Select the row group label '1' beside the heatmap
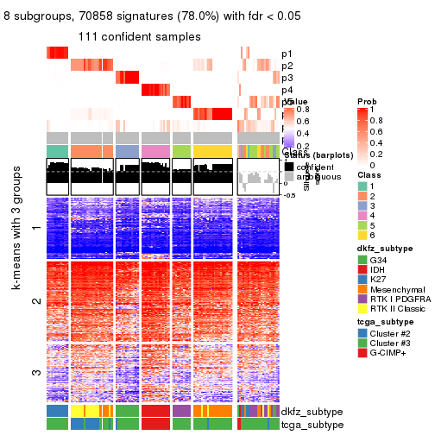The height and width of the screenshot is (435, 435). pos(35,228)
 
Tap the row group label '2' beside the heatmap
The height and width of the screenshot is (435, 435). pos(35,301)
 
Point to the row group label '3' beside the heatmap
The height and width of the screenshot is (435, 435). pos(35,373)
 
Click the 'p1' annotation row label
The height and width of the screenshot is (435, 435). pos(287,53)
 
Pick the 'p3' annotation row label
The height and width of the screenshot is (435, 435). pos(287,78)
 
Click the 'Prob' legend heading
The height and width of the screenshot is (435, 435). pos(367,102)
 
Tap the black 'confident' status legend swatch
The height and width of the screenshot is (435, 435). pos(289,167)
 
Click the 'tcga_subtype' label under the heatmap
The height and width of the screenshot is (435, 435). pos(312,424)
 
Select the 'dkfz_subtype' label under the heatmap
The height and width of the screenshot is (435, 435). pos(312,412)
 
